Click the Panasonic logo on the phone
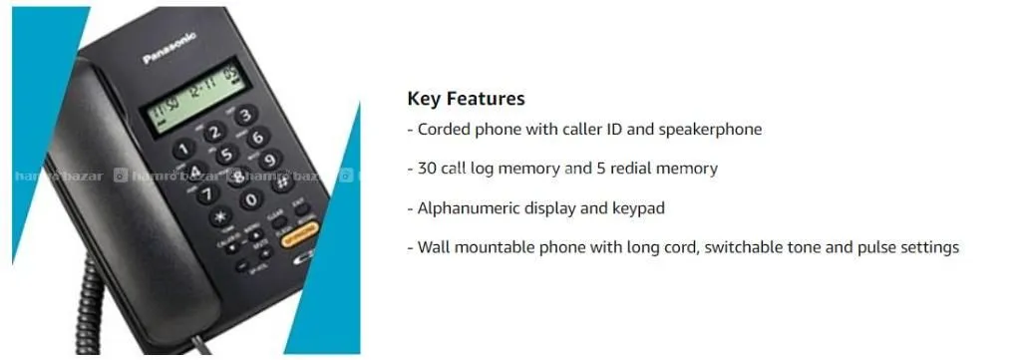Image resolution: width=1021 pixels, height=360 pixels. [x=170, y=48]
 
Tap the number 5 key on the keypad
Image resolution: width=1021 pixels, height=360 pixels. [x=227, y=155]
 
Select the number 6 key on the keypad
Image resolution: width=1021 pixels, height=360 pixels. [x=258, y=138]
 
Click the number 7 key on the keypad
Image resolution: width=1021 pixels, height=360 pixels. [x=208, y=193]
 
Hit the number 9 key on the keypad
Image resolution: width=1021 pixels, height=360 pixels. [x=270, y=160]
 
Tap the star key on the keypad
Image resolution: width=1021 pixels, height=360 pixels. [x=220, y=215]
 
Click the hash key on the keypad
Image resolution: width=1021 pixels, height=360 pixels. [x=282, y=181]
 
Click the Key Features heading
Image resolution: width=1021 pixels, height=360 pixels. [x=466, y=99]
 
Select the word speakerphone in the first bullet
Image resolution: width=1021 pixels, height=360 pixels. [x=710, y=130]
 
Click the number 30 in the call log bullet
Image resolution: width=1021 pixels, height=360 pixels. [x=427, y=169]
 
